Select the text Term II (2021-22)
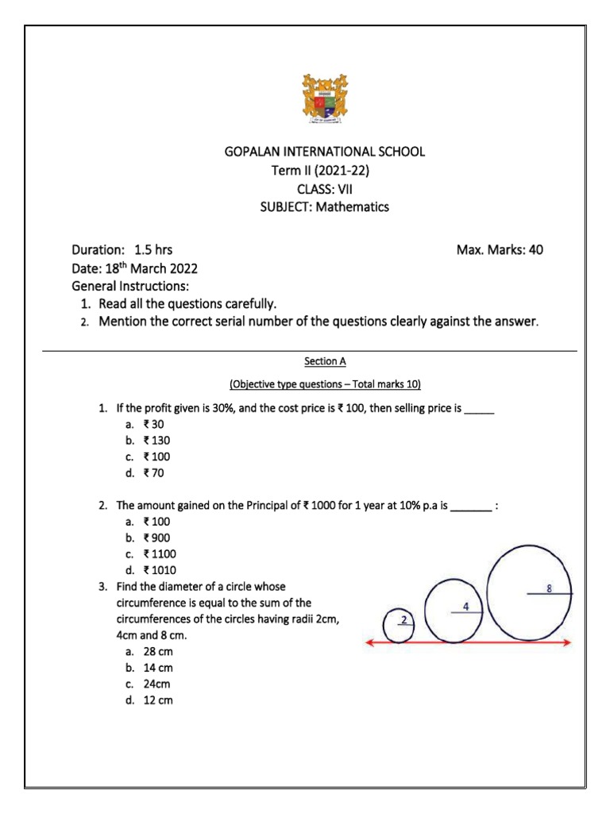[x=321, y=170]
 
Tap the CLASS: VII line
[x=321, y=188]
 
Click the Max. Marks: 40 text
[x=500, y=249]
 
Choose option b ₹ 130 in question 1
[x=156, y=440]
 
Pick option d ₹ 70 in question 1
[x=153, y=473]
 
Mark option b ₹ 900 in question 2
[x=156, y=538]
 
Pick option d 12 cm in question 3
[x=157, y=700]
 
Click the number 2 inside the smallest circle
[x=403, y=620]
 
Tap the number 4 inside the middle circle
[x=465, y=607]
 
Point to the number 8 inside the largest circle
[x=550, y=589]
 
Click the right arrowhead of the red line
[x=566, y=642]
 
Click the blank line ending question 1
[x=479, y=408]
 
